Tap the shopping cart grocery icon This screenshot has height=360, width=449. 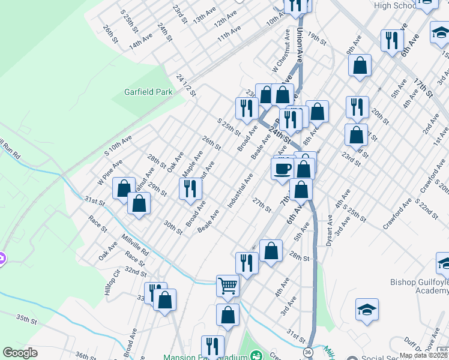pos(228,286)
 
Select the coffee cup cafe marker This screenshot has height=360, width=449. pos(283,169)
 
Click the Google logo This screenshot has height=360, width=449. pos(20,353)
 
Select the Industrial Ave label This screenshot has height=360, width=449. pos(240,191)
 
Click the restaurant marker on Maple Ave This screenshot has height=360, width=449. pos(190,189)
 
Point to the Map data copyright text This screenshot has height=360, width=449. pos(423,355)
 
